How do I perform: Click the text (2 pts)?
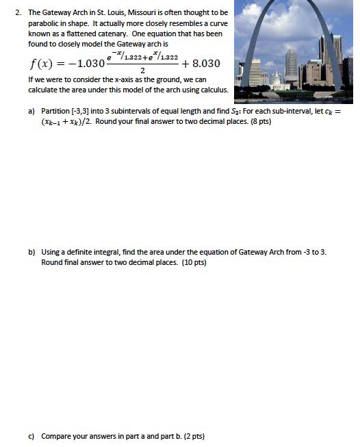point(191,436)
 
